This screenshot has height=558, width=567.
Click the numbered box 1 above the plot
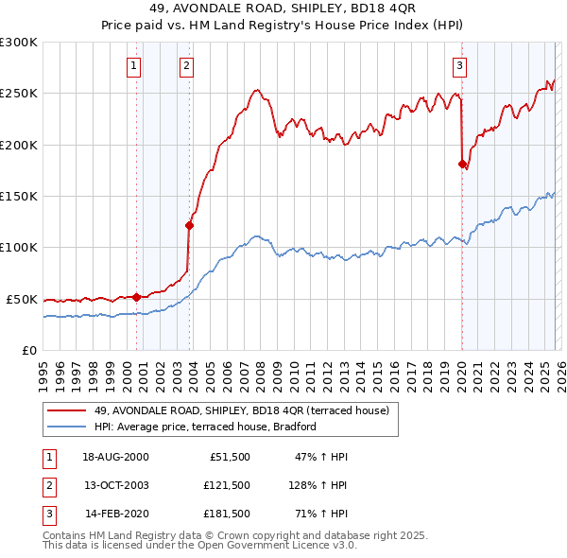click(134, 65)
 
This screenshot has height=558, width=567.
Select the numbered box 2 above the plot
click(187, 65)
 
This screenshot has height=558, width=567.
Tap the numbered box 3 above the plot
click(459, 65)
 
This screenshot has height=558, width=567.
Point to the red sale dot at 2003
click(190, 225)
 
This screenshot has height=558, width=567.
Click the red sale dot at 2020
click(462, 164)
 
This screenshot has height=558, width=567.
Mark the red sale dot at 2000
click(136, 297)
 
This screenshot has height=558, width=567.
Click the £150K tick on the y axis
click(18, 196)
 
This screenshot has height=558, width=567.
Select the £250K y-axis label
click(18, 94)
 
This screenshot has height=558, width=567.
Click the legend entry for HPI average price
click(205, 427)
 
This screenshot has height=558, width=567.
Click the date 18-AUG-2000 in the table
click(115, 457)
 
